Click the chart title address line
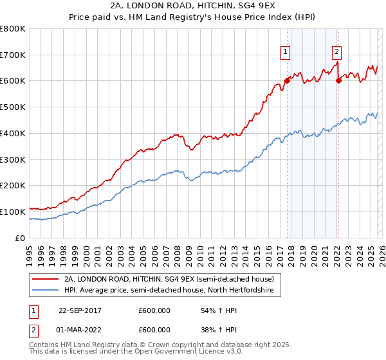(193, 6)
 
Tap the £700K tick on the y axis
(13, 55)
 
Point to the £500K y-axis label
(13, 107)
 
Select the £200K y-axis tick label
(13, 185)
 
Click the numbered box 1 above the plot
(284, 53)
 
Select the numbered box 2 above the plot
(336, 53)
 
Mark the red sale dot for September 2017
(287, 80)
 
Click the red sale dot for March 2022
(338, 80)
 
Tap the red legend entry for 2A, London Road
(169, 279)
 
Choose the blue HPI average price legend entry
(169, 291)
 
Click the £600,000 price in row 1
(154, 310)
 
